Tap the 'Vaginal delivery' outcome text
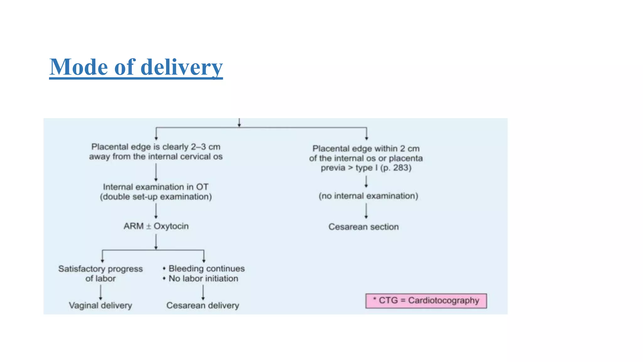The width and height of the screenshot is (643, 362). pyautogui.click(x=100, y=305)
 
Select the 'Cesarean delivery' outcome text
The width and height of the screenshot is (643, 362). pyautogui.click(x=203, y=305)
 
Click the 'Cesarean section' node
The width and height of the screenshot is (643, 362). pyautogui.click(x=364, y=227)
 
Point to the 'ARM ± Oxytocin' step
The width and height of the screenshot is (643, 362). pyautogui.click(x=156, y=226)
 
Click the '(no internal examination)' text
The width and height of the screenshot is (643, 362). pyautogui.click(x=368, y=196)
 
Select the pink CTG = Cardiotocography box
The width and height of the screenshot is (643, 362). pyautogui.click(x=426, y=301)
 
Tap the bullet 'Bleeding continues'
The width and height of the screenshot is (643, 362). pyautogui.click(x=206, y=269)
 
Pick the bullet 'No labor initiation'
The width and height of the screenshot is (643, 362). pyautogui.click(x=203, y=279)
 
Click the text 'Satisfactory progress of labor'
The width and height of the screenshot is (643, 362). pyautogui.click(x=100, y=273)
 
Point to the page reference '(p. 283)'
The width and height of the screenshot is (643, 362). pyautogui.click(x=396, y=168)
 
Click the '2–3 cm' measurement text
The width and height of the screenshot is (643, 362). pyautogui.click(x=206, y=147)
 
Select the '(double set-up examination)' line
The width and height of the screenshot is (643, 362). pyautogui.click(x=156, y=197)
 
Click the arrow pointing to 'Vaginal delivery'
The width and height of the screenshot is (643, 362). pyautogui.click(x=100, y=292)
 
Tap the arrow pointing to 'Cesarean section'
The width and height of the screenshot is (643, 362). pyautogui.click(x=366, y=211)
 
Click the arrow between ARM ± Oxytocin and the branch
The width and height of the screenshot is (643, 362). pyautogui.click(x=156, y=242)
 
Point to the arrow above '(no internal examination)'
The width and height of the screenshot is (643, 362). pyautogui.click(x=366, y=182)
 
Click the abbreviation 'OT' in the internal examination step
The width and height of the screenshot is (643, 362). pyautogui.click(x=202, y=187)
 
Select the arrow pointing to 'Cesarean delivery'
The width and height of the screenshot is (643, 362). pyautogui.click(x=203, y=292)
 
